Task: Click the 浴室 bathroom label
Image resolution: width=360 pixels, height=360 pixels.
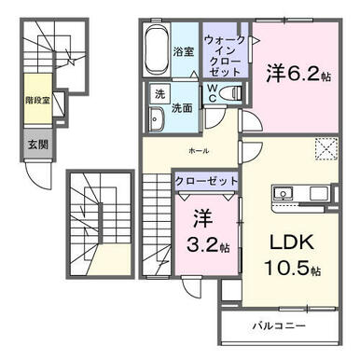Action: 184,51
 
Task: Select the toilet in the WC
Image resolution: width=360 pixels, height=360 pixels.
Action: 230,93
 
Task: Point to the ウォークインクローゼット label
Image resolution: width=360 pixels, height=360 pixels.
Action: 225,56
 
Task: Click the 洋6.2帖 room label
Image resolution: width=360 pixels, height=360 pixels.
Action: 298,74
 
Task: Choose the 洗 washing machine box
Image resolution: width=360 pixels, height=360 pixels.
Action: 159,93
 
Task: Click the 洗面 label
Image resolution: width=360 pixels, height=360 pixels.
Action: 182,108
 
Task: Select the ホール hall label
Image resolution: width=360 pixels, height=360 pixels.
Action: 199,151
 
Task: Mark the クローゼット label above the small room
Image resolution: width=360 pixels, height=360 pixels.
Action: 206,181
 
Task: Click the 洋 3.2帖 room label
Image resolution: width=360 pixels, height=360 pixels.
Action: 207,231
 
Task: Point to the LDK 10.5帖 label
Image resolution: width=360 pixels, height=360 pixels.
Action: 292,256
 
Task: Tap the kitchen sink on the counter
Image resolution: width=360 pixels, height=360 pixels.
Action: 284,194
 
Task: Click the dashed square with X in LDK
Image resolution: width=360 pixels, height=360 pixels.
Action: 326,148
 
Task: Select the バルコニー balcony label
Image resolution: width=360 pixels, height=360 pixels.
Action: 279,326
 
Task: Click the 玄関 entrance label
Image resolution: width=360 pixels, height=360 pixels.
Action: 38,145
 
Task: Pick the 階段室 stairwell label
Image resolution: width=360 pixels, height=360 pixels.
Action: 38,101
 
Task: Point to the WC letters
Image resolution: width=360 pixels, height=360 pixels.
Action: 212,92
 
